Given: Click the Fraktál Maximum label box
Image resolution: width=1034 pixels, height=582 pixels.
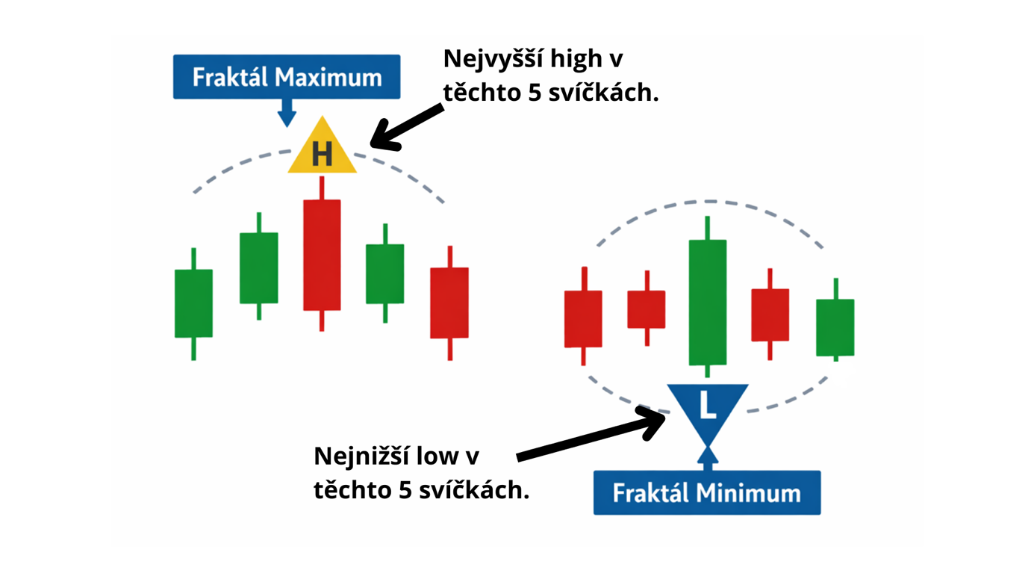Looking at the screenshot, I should coord(287,77).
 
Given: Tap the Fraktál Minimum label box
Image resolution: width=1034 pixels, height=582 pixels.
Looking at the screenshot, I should coord(706,493).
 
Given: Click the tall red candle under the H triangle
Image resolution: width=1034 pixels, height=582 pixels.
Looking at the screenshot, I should coord(322,254).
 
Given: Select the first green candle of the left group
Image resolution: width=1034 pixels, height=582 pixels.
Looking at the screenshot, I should coord(193,303).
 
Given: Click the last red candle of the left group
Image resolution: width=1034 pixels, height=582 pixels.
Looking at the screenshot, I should coord(449,303).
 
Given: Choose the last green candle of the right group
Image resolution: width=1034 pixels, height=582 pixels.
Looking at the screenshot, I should coord(835,326).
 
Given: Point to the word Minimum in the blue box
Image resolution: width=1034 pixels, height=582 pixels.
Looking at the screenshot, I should coord(747,493).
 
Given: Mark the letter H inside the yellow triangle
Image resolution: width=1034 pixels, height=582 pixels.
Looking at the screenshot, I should coord(322,155).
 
